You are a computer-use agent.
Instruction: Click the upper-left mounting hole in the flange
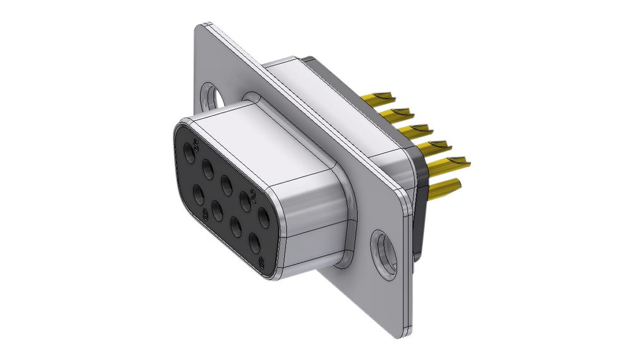tap(212, 96)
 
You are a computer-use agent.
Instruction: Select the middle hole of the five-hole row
tap(226, 185)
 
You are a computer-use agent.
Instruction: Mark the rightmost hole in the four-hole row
tap(255, 244)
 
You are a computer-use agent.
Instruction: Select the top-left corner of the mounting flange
tap(201, 27)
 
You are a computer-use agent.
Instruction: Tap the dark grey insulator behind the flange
tap(419, 208)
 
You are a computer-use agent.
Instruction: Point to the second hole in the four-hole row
tap(217, 210)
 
